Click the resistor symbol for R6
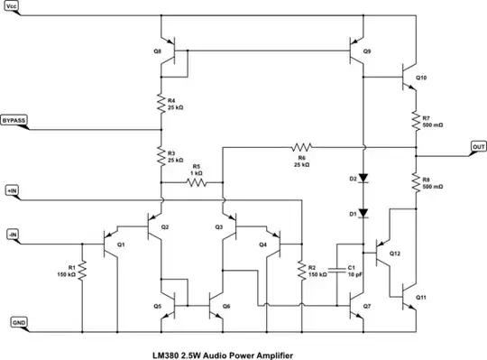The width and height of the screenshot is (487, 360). click(x=301, y=146)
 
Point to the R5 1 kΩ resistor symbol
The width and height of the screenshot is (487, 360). click(x=197, y=181)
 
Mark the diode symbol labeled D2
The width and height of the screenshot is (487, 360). click(x=363, y=179)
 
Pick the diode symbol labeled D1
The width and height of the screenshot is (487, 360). click(x=363, y=213)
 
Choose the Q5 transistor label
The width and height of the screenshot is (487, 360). click(x=157, y=306)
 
